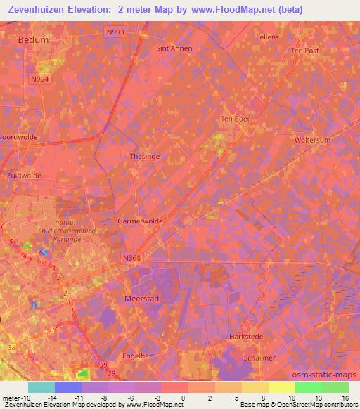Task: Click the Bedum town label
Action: point(34,40)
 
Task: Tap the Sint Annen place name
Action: point(174,48)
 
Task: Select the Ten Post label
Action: point(305,51)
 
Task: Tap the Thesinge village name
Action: point(143,157)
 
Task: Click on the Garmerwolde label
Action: point(141,221)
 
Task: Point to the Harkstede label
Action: point(246,337)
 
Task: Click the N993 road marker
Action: point(115,32)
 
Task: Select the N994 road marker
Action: point(40,79)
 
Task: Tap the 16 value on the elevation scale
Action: point(345,397)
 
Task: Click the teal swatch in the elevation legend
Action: point(41,387)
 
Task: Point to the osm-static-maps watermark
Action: point(326,373)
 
